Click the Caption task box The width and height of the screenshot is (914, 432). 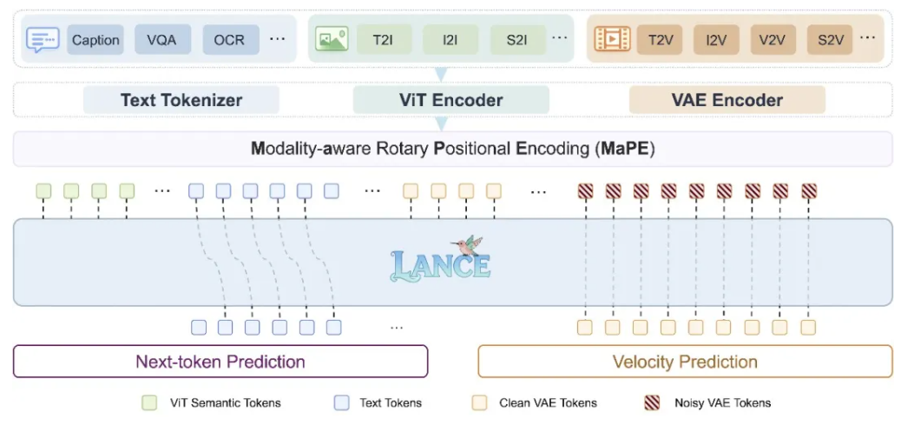point(95,40)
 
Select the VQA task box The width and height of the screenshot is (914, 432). point(162,40)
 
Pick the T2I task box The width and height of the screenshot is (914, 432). point(385,40)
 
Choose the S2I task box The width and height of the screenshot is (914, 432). point(518,40)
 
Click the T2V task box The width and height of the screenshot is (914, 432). point(660,40)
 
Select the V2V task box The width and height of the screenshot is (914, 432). point(773,40)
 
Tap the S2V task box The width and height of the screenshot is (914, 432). point(830,40)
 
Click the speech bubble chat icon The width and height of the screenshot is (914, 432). point(43,40)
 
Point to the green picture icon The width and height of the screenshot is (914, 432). point(332,38)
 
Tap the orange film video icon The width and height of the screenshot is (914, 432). point(612,39)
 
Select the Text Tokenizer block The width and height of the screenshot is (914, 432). point(181,100)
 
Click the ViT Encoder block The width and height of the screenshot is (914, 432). point(451,100)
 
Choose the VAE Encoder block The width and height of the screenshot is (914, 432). point(727,100)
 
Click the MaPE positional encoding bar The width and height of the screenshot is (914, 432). point(453,149)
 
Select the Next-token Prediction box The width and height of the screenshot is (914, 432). point(220,362)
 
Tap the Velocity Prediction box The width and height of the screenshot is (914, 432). point(685,362)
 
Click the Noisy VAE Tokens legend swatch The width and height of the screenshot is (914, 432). point(652,402)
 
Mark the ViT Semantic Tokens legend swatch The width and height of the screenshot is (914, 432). point(149,402)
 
